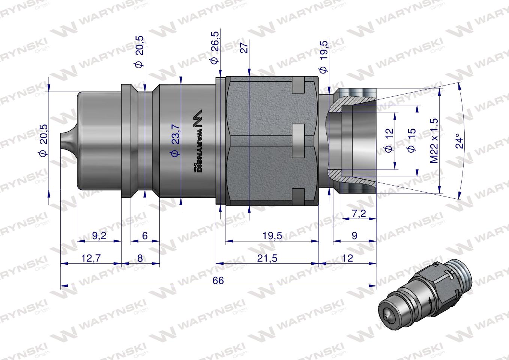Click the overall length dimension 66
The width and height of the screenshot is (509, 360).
[218, 280]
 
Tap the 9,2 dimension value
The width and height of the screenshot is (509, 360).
[99, 236]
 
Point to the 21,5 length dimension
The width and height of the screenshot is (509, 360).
[267, 258]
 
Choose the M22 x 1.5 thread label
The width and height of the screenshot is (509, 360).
[434, 140]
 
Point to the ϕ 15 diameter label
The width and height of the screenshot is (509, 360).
[411, 140]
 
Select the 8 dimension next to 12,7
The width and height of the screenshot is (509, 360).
[140, 258]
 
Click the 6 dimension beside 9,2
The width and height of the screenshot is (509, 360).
[145, 236]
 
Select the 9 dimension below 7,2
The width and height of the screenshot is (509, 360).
[354, 236]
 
